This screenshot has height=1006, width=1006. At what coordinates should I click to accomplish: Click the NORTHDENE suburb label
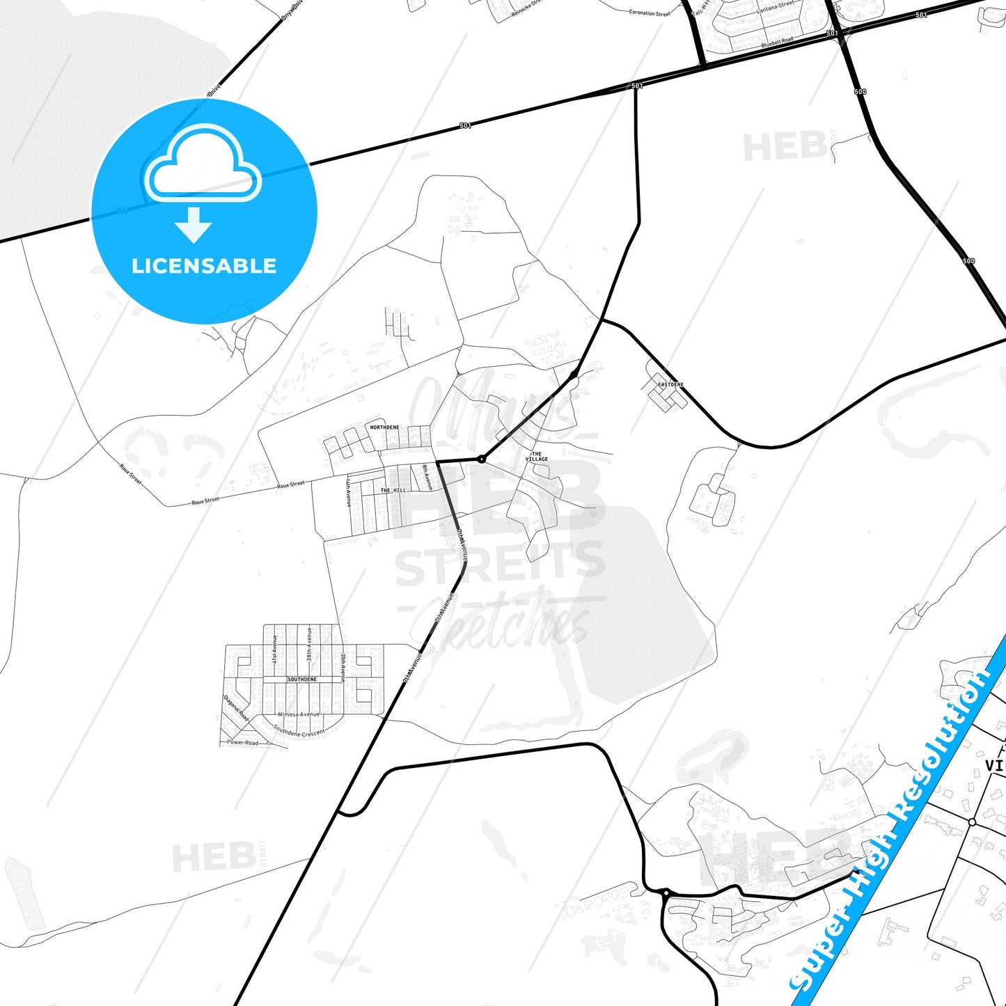click(384, 427)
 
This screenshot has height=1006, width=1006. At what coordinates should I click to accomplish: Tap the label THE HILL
click(393, 490)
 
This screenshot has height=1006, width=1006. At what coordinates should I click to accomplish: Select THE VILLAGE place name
click(536, 457)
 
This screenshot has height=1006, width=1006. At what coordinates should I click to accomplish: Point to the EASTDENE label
click(670, 384)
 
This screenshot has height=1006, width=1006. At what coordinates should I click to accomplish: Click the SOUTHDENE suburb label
click(302, 679)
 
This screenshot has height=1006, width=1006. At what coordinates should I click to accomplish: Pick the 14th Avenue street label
click(348, 492)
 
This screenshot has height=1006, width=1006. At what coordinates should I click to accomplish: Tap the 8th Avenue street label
click(427, 478)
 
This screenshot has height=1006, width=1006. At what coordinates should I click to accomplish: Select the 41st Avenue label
click(275, 647)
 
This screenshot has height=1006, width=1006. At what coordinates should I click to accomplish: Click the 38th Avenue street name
click(309, 644)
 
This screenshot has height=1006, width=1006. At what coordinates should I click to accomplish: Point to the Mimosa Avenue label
click(299, 714)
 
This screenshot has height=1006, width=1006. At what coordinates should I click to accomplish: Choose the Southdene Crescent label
click(299, 731)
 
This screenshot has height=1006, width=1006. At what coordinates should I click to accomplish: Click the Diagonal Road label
click(236, 708)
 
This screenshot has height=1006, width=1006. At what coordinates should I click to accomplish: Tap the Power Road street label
click(242, 743)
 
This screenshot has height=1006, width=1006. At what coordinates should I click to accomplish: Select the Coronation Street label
click(649, 13)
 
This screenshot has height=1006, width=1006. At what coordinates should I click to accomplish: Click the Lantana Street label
click(775, 6)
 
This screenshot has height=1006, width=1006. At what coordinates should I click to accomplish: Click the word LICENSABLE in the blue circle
click(204, 266)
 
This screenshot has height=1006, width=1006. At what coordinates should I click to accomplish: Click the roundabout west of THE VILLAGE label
click(481, 459)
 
